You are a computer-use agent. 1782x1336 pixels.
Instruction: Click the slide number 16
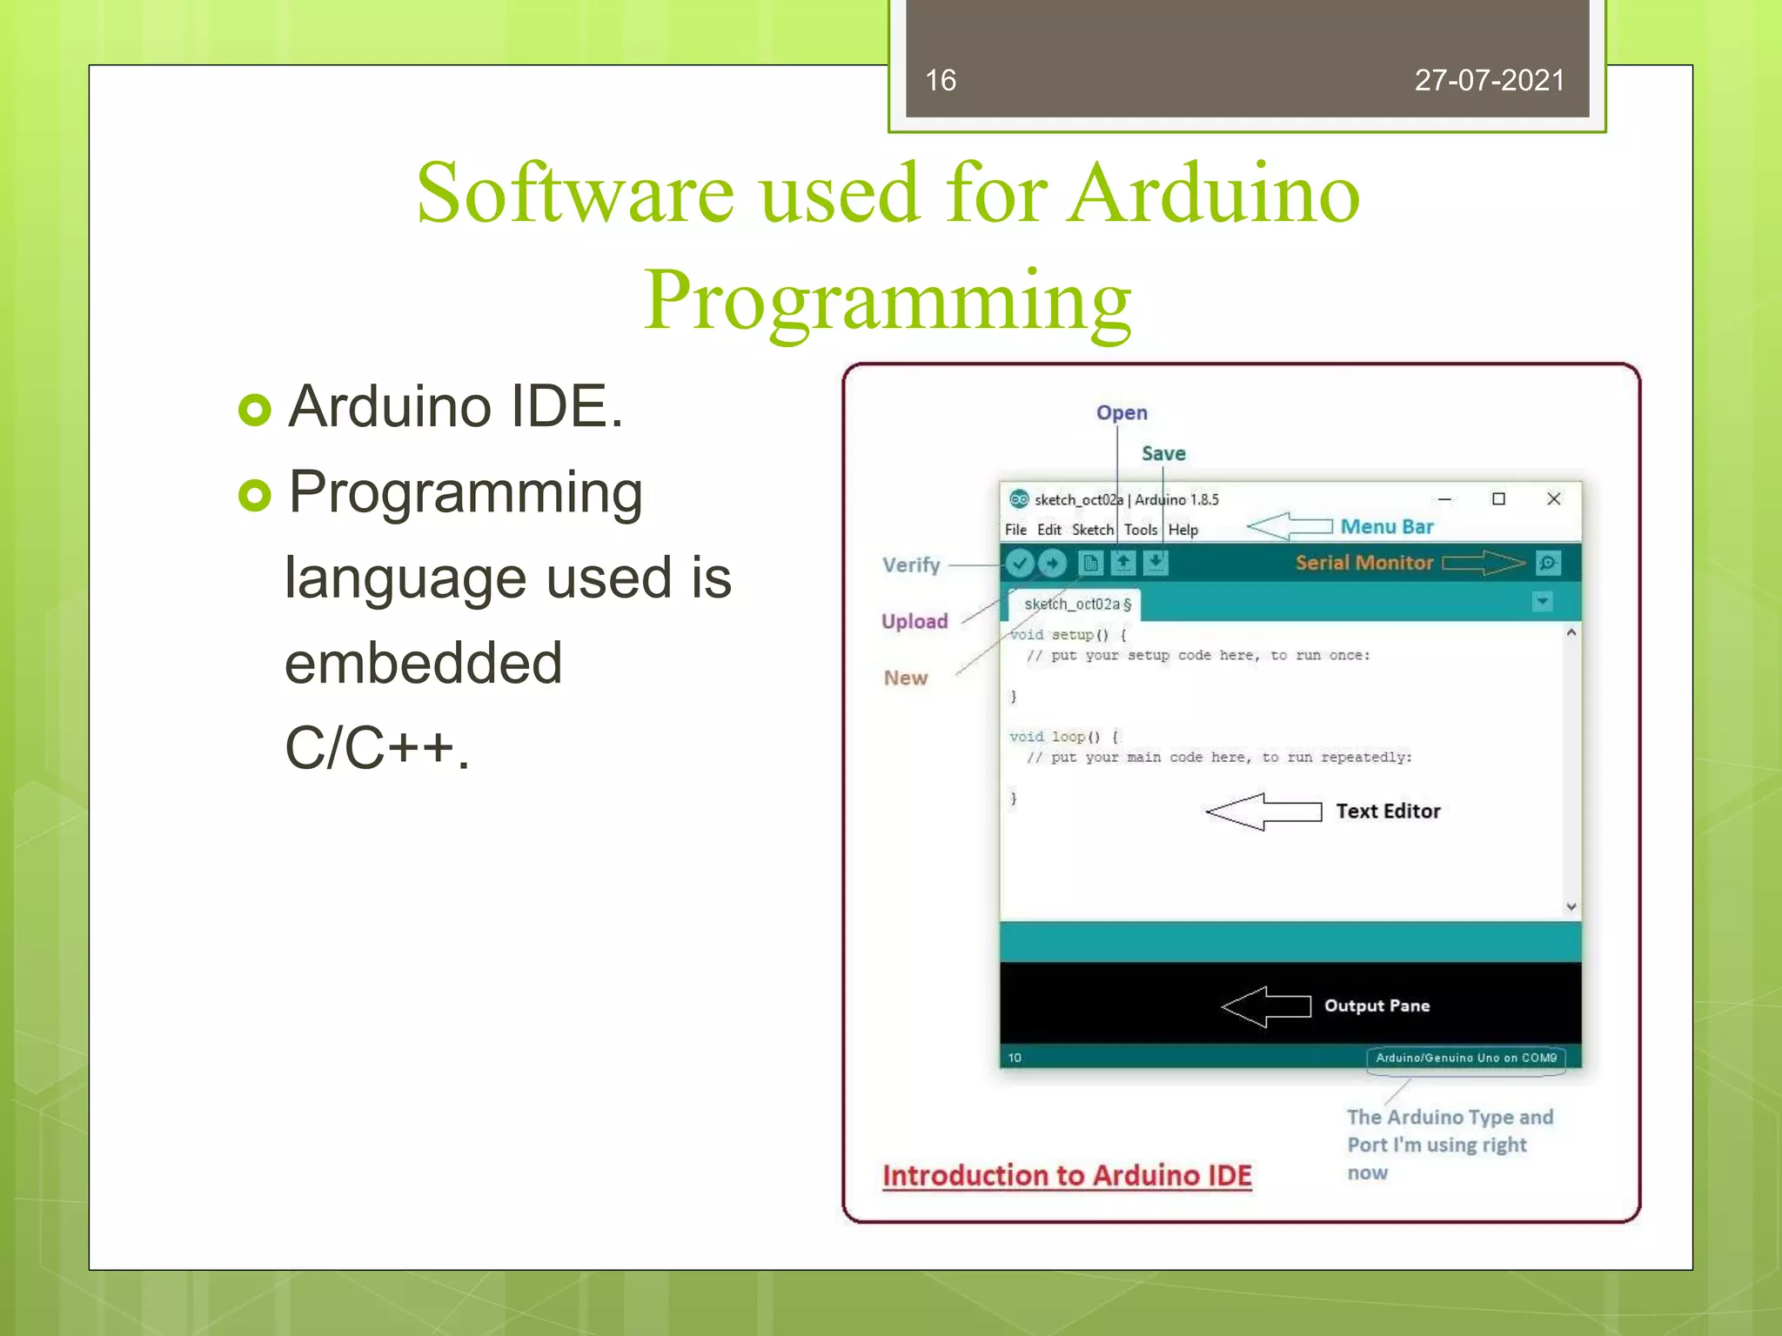(x=941, y=80)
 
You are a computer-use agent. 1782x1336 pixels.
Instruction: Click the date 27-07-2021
(x=1489, y=80)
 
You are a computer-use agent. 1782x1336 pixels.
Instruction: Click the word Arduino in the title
(x=1215, y=193)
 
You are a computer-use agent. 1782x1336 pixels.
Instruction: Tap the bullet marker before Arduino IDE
(x=255, y=410)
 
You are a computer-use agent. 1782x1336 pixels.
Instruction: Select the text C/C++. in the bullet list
(x=377, y=748)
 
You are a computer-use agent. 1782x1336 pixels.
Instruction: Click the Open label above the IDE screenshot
(x=1122, y=413)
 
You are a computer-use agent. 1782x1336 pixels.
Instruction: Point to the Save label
(x=1163, y=454)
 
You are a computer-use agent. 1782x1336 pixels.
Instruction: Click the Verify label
(x=911, y=565)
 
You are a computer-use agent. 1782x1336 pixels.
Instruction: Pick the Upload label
(x=914, y=621)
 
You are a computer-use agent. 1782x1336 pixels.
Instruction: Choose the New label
(x=906, y=678)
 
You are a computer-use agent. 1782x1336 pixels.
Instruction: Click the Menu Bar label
(x=1387, y=527)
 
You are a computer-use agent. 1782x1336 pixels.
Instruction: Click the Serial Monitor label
(x=1363, y=563)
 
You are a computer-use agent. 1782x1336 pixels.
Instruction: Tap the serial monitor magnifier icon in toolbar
(x=1548, y=564)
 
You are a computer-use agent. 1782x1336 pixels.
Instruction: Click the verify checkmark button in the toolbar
(x=1020, y=564)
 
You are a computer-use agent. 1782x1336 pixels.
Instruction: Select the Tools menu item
(x=1140, y=530)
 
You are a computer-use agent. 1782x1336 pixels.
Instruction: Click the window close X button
(x=1553, y=499)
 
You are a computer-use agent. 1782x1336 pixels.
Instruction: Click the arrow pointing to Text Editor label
(x=1264, y=812)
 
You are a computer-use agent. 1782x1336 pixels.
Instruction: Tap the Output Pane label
(x=1377, y=1005)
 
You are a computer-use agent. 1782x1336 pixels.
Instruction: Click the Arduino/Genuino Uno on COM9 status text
(x=1466, y=1058)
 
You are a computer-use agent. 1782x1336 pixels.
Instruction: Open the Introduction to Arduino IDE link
(x=1067, y=1176)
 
